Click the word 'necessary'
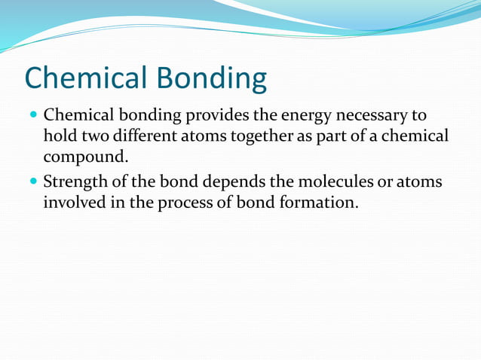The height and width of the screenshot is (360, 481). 372,117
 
